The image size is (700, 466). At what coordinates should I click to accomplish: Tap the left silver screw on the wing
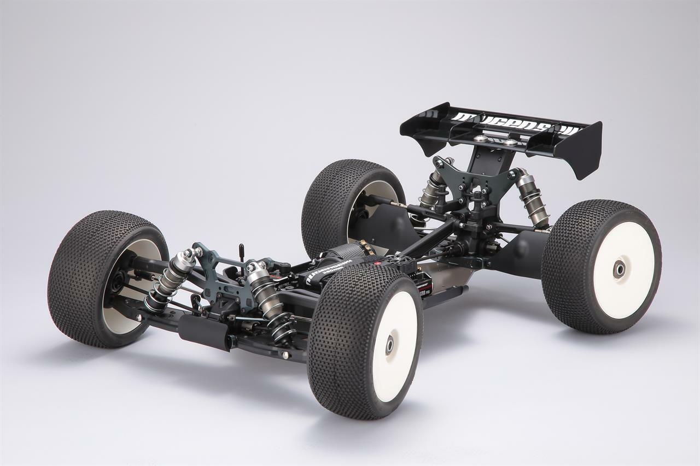pos(481,139)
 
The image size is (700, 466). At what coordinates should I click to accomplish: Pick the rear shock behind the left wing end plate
pos(433,189)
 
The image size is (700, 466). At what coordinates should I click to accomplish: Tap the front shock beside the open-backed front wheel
pos(170,281)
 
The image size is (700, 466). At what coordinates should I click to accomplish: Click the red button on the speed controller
pos(377,263)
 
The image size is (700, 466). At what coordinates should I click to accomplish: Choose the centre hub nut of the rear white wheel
pos(619,268)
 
